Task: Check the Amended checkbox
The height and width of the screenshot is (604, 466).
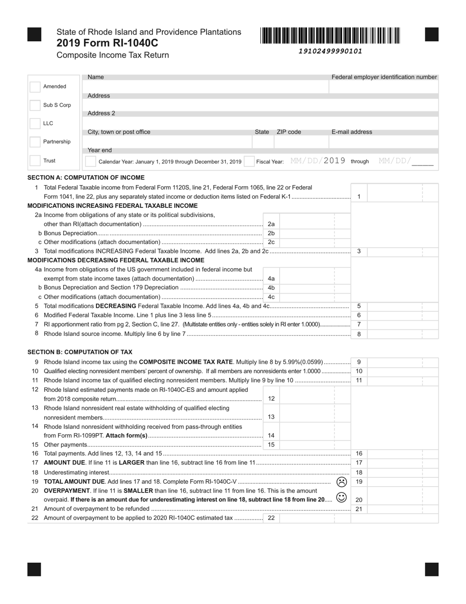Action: [35, 87]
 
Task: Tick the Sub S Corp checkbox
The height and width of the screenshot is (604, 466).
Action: [35, 105]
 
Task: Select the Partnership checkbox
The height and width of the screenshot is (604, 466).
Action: [35, 142]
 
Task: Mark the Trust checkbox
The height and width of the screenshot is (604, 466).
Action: [35, 161]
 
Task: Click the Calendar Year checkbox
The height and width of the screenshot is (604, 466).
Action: [90, 161]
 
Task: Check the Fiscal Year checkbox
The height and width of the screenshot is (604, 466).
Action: [249, 161]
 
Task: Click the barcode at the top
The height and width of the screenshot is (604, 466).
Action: [330, 36]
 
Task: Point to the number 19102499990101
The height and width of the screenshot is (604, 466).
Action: [330, 51]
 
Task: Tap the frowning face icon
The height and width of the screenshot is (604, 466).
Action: [342, 482]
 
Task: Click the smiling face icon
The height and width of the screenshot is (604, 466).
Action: [342, 497]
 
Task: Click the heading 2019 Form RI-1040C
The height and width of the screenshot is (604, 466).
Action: [107, 43]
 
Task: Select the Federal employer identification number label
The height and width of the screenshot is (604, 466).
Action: [384, 77]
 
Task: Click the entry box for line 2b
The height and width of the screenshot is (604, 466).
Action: [307, 233]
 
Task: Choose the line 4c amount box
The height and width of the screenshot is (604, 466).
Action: [307, 297]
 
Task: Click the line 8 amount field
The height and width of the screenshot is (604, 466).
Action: [402, 334]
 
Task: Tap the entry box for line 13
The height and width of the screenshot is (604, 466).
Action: [307, 417]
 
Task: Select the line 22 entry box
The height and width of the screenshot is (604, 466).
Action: [307, 518]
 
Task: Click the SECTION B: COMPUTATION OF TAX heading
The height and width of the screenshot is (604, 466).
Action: [80, 352]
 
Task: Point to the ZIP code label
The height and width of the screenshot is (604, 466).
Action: [289, 132]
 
